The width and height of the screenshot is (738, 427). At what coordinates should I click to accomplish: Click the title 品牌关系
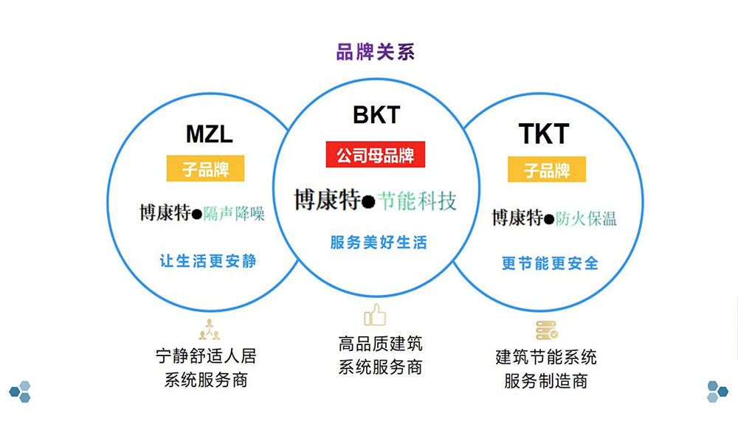pos(375,52)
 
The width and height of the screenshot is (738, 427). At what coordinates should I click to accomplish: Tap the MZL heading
pos(209,135)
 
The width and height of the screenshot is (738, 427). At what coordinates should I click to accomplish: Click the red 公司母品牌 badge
pos(376,156)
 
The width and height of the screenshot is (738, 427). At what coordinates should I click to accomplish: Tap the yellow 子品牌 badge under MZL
pos(206,169)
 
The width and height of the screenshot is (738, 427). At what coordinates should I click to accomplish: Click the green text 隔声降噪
pos(234,213)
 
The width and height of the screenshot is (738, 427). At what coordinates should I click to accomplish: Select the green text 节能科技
pos(417,201)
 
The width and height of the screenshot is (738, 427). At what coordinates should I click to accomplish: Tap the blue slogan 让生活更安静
pos(208,260)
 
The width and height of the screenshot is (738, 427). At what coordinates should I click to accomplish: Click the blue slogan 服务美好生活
pos(378,242)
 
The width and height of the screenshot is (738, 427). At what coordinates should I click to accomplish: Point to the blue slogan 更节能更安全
pos(550,263)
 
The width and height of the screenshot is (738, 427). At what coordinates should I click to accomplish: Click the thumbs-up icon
pos(376,315)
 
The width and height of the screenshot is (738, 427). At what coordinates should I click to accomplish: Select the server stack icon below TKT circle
pos(546,330)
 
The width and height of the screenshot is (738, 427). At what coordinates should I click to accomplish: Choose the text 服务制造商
pos(546,381)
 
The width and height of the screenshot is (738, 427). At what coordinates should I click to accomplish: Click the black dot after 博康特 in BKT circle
pos(368,202)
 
